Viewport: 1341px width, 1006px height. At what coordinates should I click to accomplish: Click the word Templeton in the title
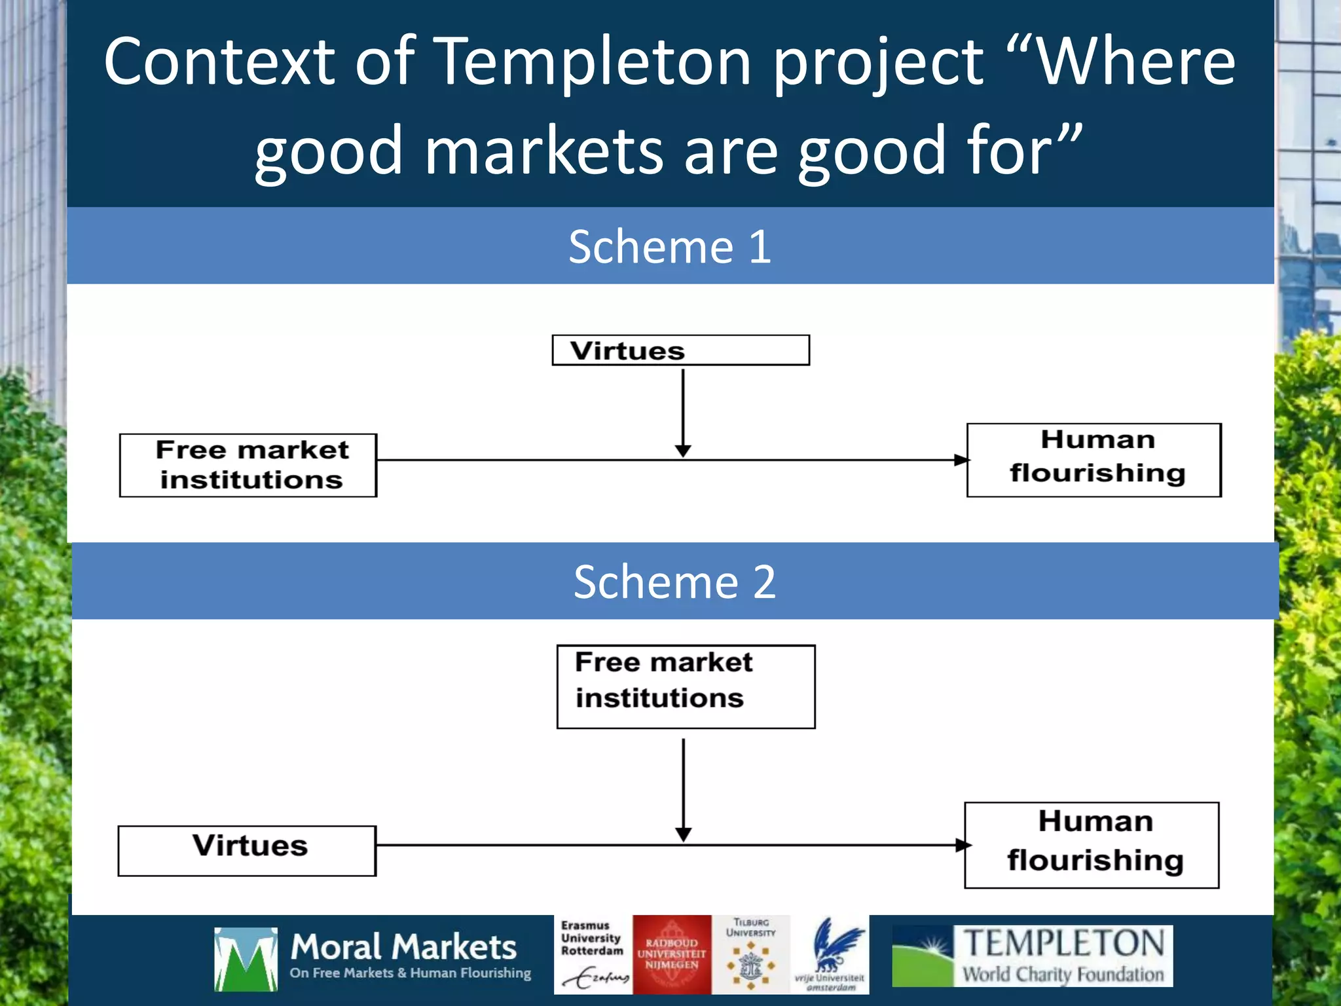point(593,62)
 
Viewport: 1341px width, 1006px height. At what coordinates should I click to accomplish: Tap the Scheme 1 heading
point(670,247)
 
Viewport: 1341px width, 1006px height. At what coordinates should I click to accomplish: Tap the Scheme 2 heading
point(674,582)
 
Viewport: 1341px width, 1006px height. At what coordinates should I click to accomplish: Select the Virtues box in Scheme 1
point(680,350)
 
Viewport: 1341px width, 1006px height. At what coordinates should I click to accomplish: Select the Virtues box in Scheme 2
point(247,850)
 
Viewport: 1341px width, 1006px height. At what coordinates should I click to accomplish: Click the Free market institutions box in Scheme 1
point(248,465)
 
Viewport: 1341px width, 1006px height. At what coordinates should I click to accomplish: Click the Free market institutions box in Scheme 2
point(686,686)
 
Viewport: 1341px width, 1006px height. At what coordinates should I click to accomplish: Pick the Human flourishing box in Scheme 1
point(1093,460)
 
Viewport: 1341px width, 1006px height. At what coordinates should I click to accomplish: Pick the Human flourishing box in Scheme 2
point(1092,844)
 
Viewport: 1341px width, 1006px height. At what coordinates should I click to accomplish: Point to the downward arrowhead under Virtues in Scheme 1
point(683,451)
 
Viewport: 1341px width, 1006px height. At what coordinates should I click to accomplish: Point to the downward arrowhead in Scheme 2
point(684,834)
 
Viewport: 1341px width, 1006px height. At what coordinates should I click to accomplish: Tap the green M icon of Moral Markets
point(246,958)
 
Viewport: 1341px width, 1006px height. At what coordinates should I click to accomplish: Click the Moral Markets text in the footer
point(403,948)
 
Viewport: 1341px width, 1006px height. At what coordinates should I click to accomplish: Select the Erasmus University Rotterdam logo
point(593,954)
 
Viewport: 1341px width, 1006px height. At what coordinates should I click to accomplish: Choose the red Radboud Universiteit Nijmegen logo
point(672,954)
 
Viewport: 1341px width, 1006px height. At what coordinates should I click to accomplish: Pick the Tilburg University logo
point(751,954)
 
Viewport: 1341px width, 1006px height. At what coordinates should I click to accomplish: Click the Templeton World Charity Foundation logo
point(1032,956)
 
